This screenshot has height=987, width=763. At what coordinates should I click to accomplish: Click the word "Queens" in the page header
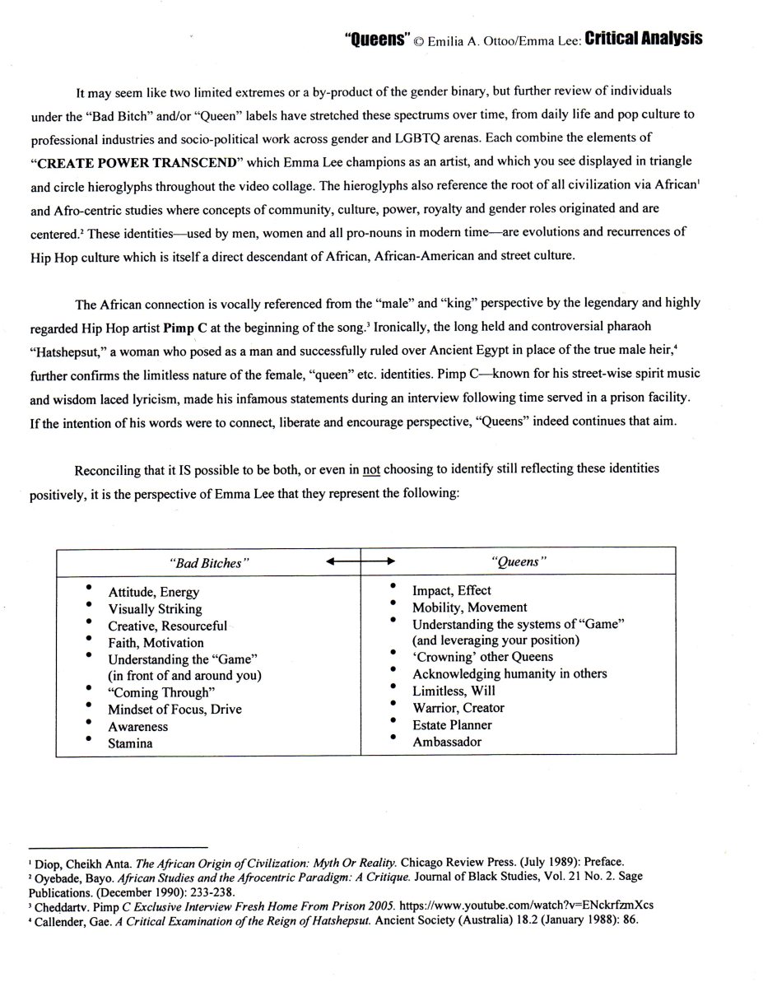point(375,40)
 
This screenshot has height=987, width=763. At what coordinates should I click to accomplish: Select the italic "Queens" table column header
point(519,562)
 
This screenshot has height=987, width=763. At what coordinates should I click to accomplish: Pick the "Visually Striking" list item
point(155,609)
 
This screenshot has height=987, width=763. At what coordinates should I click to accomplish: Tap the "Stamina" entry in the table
point(131,743)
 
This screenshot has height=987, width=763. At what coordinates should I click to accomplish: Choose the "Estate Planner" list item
point(452,725)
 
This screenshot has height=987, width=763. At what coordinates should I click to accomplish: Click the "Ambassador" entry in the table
point(447,742)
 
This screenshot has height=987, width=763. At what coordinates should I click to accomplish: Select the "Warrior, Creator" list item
point(458,708)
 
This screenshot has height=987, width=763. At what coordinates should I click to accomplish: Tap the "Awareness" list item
point(137,727)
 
